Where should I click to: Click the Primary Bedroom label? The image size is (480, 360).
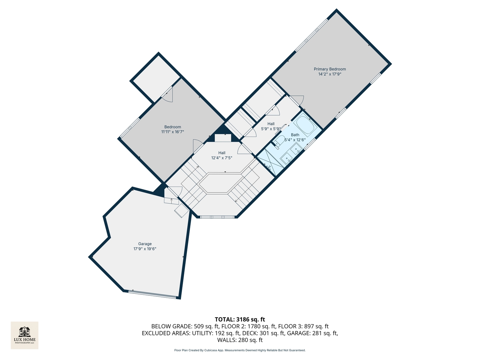(x=330, y=69)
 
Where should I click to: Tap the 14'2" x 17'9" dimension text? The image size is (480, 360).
(x=330, y=74)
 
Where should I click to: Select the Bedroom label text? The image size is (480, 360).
(x=173, y=127)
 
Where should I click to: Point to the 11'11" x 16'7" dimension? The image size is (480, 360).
(x=173, y=132)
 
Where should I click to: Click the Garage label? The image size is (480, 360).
(x=145, y=244)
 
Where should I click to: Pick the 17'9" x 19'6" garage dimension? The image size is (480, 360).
(x=145, y=249)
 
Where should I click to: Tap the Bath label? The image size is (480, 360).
(x=295, y=135)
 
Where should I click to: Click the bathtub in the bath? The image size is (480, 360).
(x=305, y=125)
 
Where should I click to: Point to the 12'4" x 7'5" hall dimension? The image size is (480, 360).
(x=222, y=158)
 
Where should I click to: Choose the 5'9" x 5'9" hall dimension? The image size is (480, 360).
(x=271, y=129)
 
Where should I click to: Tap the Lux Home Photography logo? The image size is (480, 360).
(x=25, y=335)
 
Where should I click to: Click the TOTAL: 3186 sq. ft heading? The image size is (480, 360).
(x=240, y=319)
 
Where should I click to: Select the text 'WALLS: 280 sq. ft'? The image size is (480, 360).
(x=240, y=340)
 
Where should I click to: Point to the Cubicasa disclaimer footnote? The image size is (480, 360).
(x=240, y=350)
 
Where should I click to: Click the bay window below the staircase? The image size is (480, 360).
(x=217, y=217)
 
